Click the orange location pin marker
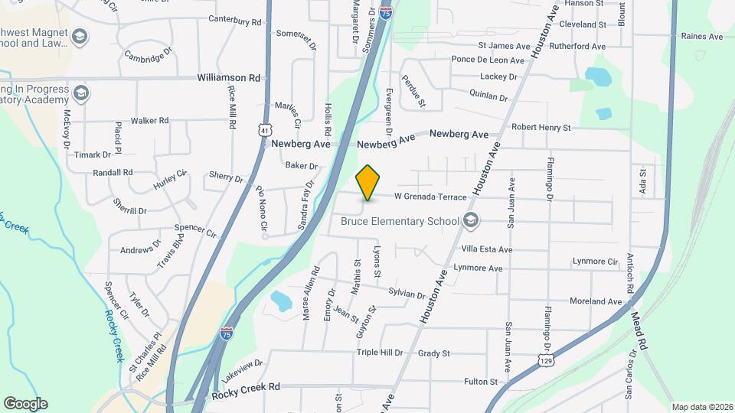point(368,182)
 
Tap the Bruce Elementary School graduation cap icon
point(471,222)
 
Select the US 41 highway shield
point(264,131)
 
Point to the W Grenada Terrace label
point(430,197)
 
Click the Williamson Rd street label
point(229,78)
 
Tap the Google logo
point(25,403)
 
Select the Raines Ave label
point(702,36)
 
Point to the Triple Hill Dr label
point(379,353)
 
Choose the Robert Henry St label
point(541,127)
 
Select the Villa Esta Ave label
point(486,249)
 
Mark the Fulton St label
point(481,381)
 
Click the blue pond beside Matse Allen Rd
point(281,301)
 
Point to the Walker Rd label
point(149,121)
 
